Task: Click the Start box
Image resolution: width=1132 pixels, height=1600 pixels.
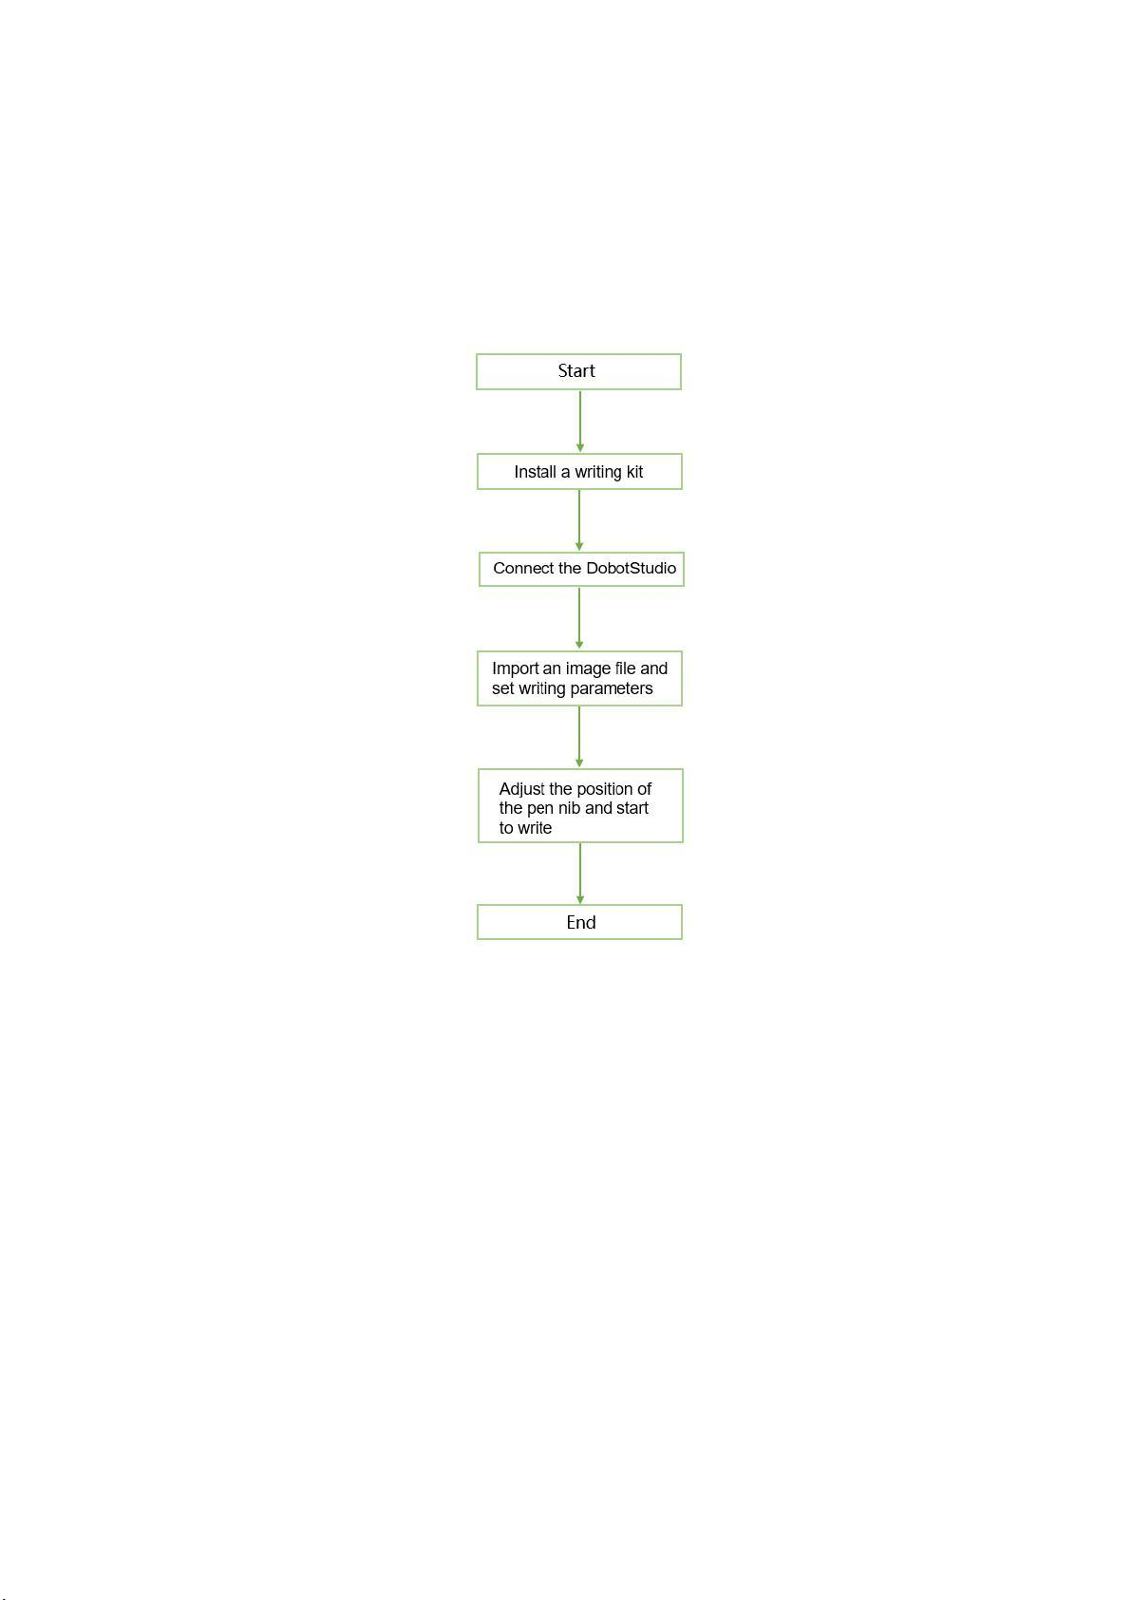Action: (578, 371)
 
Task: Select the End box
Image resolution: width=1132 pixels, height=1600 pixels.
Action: (579, 922)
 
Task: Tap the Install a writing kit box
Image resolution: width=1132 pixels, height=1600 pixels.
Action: (579, 471)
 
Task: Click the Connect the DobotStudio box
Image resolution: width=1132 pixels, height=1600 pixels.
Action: (581, 570)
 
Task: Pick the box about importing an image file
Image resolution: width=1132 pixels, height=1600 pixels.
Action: (579, 679)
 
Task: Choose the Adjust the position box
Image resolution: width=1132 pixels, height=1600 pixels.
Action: (580, 806)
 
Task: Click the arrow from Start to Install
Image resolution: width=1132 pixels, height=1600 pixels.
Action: (580, 422)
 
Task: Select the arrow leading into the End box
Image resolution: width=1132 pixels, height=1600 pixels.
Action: (580, 874)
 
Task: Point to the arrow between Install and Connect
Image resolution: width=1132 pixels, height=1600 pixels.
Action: (579, 520)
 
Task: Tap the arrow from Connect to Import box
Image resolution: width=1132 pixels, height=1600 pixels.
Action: (579, 618)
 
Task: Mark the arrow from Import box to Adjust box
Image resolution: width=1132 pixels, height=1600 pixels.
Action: (579, 737)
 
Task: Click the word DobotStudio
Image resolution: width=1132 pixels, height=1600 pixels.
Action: (631, 569)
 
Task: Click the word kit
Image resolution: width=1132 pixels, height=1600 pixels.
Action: (634, 471)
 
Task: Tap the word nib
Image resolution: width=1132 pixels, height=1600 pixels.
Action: (569, 808)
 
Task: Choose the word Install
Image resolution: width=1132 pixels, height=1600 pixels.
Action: (535, 471)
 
